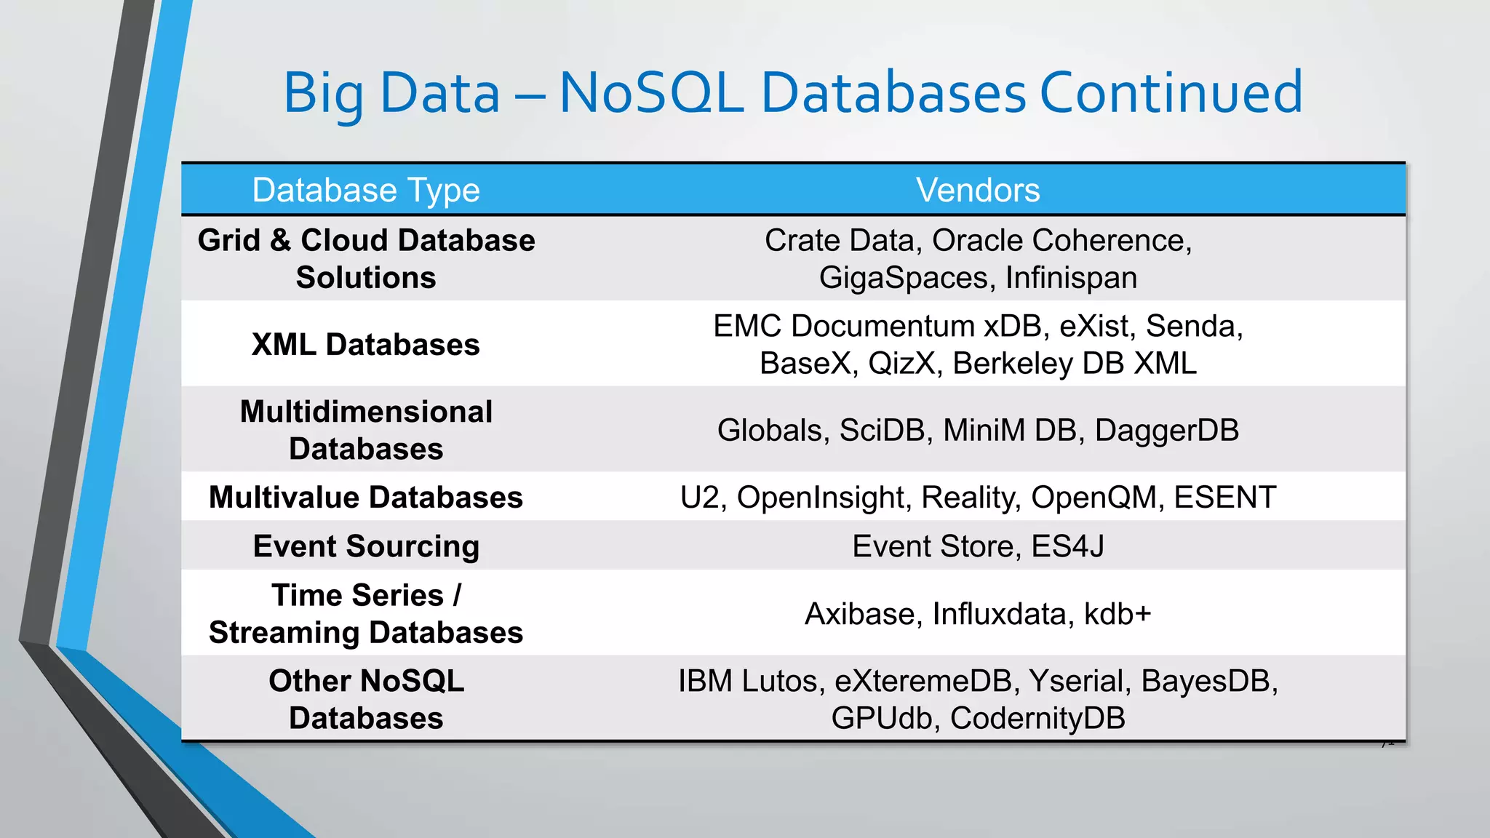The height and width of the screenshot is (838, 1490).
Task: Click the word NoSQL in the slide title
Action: [x=651, y=93]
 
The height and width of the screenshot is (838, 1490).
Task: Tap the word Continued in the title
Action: [x=1171, y=93]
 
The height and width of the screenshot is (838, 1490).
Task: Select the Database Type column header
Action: [x=366, y=190]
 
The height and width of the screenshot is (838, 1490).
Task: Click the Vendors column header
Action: [x=977, y=190]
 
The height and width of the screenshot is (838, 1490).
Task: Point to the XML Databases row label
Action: [x=366, y=345]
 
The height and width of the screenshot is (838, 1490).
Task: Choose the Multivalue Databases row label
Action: [x=366, y=498]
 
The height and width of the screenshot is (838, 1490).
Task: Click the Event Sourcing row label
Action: [x=366, y=546]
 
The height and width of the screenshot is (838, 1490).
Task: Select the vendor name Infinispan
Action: [x=1071, y=278]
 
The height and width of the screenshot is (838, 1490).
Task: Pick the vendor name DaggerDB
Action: [x=1166, y=431]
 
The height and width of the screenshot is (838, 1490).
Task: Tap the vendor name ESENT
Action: [x=1224, y=498]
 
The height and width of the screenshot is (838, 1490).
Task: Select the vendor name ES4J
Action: [x=1067, y=546]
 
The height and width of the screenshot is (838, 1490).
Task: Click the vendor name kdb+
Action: [x=1117, y=614]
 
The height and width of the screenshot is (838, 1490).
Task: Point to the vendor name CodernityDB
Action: [x=1037, y=719]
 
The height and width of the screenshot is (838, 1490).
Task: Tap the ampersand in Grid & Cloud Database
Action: [x=280, y=241]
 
